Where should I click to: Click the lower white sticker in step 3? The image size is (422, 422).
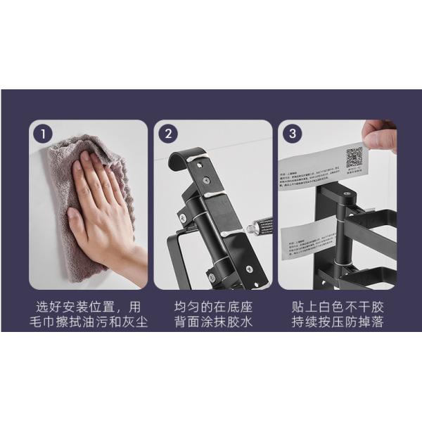(x=309, y=242)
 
